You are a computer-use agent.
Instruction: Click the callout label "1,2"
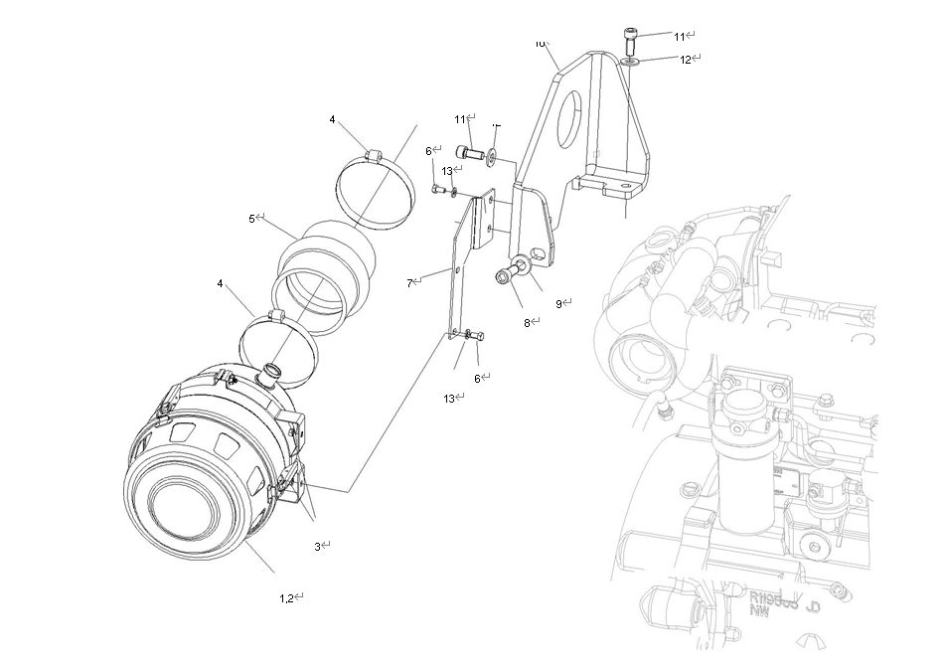(x=286, y=597)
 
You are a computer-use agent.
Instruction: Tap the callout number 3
(x=318, y=546)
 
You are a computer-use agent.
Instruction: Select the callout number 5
(x=252, y=218)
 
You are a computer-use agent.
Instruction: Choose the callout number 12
(x=685, y=59)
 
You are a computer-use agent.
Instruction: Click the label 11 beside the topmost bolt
(x=680, y=36)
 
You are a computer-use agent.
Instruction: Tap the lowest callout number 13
(x=449, y=398)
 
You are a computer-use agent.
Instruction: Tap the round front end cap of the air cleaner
(x=183, y=506)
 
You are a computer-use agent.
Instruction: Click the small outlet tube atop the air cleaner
(x=268, y=376)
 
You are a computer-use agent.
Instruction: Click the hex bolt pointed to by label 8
(x=503, y=277)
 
